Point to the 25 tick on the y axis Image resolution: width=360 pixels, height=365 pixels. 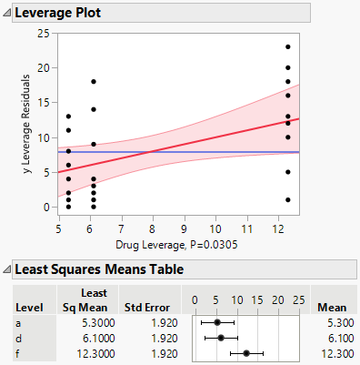(x=42, y=34)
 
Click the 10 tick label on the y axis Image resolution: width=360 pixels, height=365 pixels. (x=42, y=137)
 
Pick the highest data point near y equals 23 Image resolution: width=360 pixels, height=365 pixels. (x=287, y=47)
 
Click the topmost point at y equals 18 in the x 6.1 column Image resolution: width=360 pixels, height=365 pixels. (x=93, y=82)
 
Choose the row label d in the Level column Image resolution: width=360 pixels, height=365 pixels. (x=19, y=338)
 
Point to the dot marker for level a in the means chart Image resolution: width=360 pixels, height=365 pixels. (x=216, y=322)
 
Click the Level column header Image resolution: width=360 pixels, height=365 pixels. (x=28, y=307)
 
